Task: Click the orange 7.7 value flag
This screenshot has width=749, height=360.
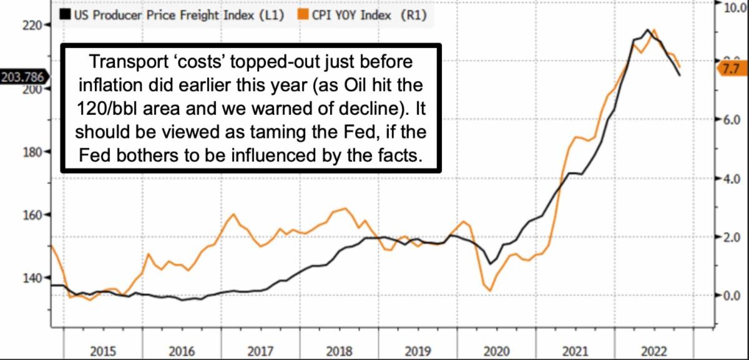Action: [730, 69]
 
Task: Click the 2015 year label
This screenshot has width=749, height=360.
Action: [102, 349]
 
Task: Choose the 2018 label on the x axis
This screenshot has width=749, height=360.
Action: [338, 349]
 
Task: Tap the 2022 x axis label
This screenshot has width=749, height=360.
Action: [652, 349]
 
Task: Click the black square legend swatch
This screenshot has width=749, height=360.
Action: [65, 16]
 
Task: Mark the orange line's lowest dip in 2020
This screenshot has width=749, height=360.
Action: [490, 290]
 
